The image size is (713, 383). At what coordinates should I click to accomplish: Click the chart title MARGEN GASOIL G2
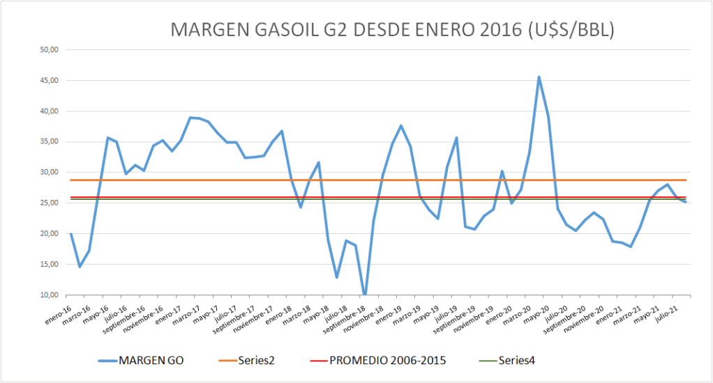tap(392, 30)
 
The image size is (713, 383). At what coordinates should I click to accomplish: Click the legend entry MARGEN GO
tap(151, 360)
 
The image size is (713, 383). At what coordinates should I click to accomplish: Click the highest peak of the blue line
tap(539, 77)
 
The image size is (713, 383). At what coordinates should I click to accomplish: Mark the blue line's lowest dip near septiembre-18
tap(364, 295)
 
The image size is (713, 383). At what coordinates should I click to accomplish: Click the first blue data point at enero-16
tap(71, 234)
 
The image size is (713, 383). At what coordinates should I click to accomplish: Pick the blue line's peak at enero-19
tap(401, 126)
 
